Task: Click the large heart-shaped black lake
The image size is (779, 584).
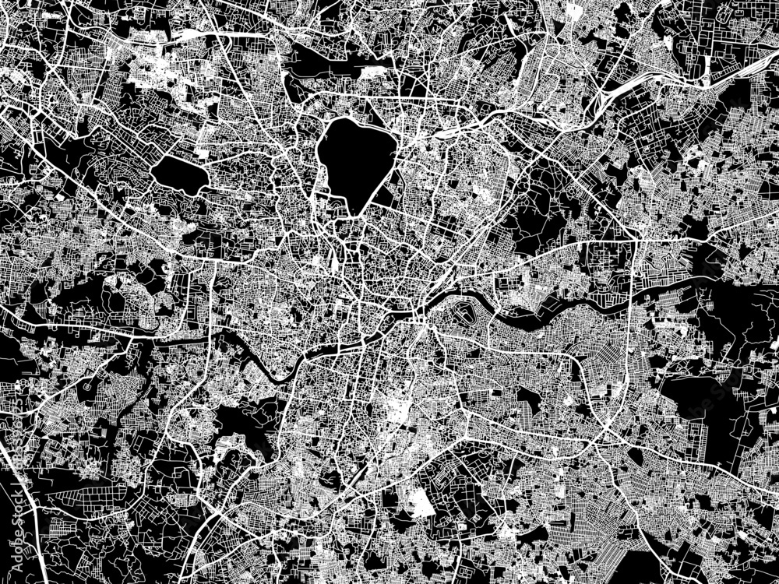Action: pos(354,160)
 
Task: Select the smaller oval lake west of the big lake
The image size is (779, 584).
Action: pos(179,173)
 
